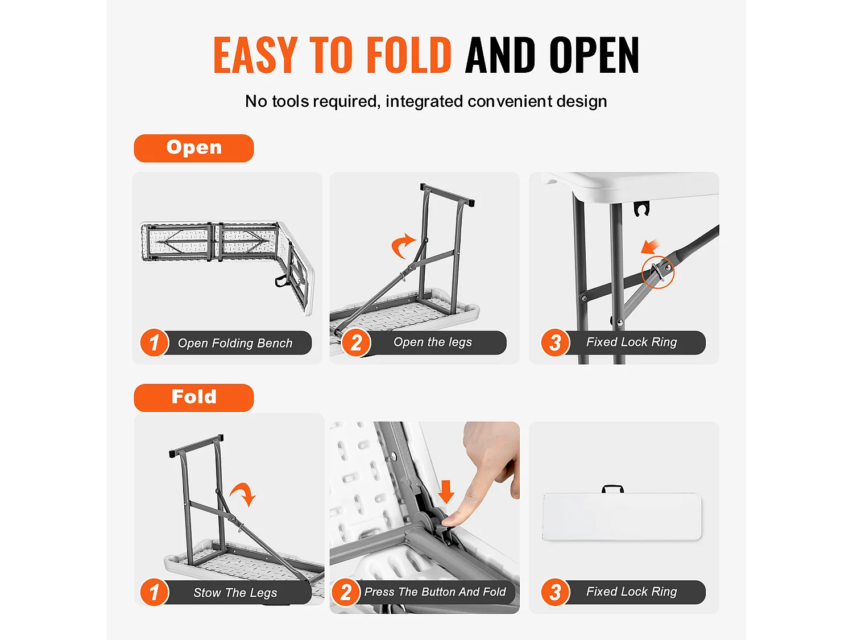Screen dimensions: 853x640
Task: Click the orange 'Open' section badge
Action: click(193, 148)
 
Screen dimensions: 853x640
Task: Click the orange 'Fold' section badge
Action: click(193, 398)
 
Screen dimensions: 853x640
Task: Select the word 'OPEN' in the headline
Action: click(594, 55)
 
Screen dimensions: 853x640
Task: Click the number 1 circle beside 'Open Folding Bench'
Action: click(154, 342)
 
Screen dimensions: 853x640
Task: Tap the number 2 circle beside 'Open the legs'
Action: click(356, 342)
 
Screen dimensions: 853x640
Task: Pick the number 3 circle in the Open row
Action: click(556, 342)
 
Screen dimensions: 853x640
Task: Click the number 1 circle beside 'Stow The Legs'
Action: click(154, 592)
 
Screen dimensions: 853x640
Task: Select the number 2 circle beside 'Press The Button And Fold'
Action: click(346, 592)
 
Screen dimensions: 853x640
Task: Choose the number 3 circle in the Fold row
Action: click(556, 592)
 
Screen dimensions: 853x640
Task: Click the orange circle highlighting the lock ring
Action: click(657, 271)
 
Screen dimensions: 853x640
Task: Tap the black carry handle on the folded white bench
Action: click(612, 489)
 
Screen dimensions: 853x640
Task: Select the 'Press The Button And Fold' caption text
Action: click(435, 592)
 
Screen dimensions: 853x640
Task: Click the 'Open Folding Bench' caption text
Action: click(235, 343)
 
